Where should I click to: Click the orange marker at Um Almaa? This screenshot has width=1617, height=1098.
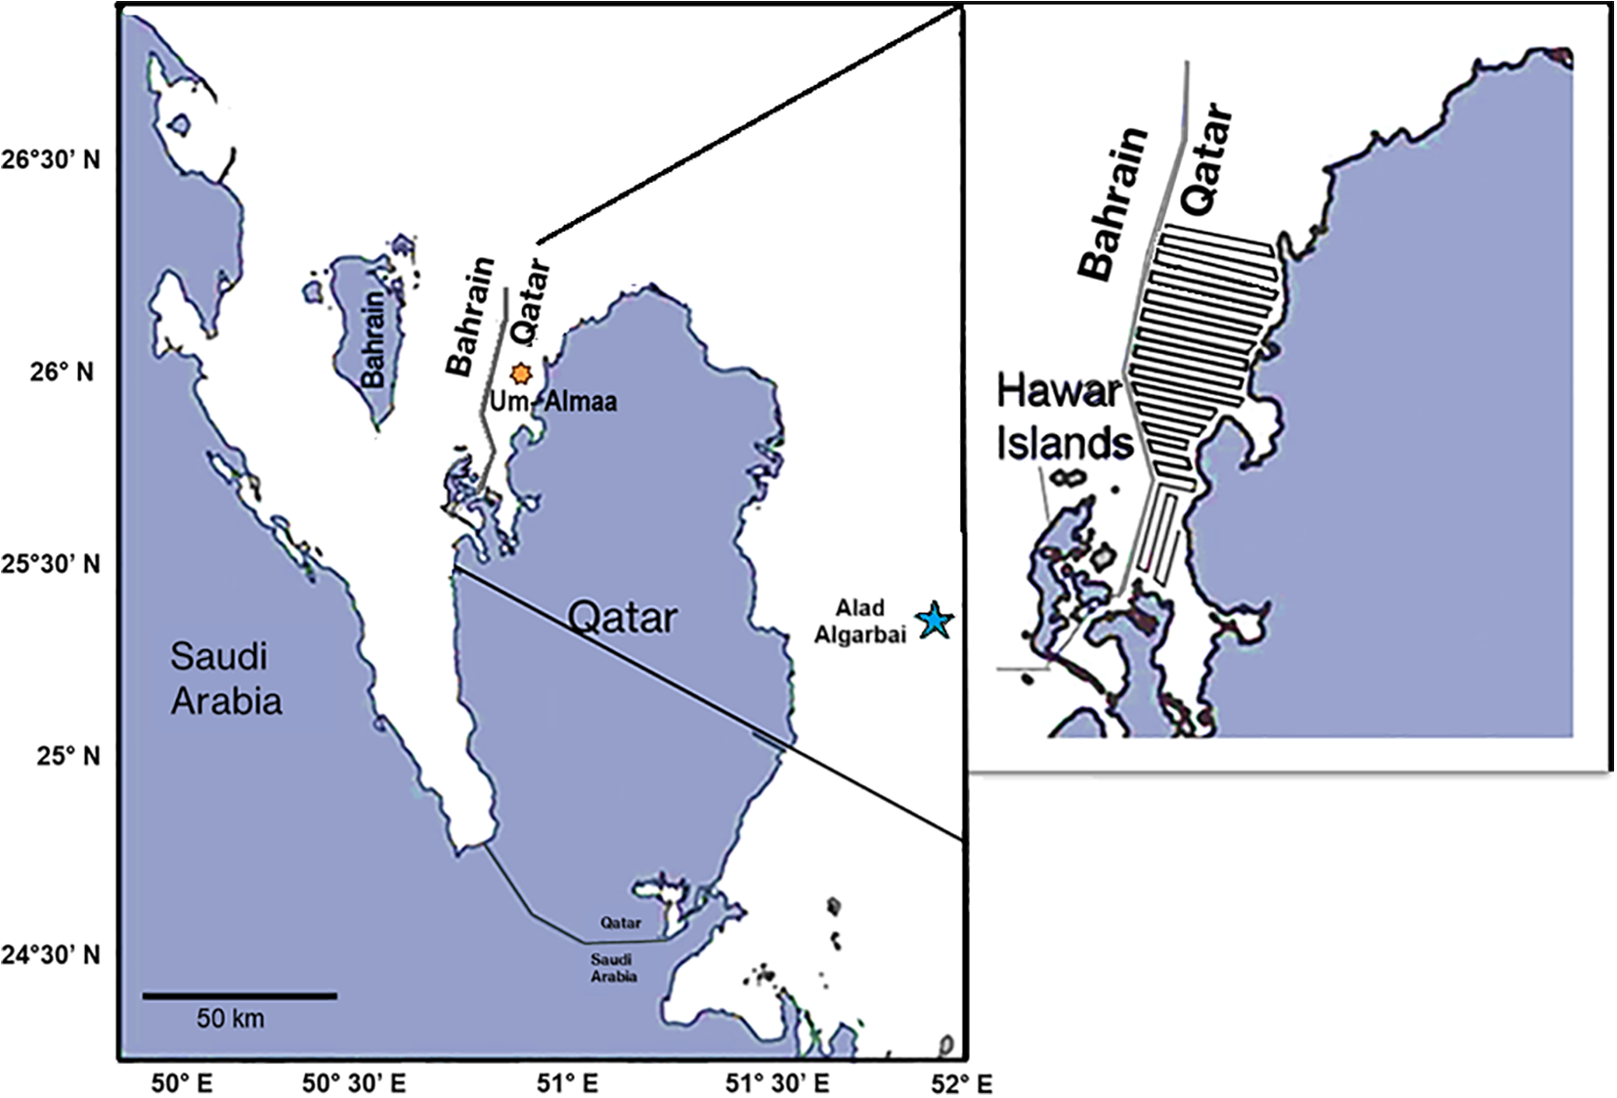tap(521, 373)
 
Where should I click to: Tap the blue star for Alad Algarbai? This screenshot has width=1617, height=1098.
tap(935, 620)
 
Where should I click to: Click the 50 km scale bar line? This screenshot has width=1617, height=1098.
tap(240, 995)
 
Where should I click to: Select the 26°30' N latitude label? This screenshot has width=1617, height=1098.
tap(50, 159)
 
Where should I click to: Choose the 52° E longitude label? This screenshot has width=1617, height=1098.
tap(963, 1083)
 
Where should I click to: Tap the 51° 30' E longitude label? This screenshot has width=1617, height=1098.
tap(778, 1083)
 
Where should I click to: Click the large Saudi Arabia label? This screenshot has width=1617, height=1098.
tap(226, 679)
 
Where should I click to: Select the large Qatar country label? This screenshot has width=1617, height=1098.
tap(623, 618)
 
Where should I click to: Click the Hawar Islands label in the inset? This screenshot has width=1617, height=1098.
tap(1063, 417)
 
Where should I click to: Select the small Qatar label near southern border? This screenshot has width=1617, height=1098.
tap(621, 922)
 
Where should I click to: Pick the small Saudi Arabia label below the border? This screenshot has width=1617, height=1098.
tap(613, 968)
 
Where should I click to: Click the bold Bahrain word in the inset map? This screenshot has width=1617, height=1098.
tap(1113, 203)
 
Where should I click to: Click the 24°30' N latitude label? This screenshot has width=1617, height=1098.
tap(50, 953)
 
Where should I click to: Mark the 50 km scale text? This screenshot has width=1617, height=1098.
tap(230, 1018)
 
